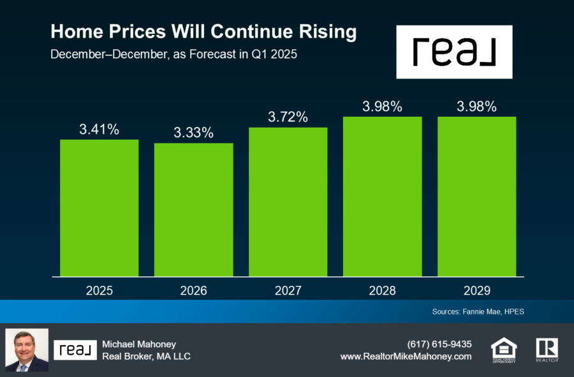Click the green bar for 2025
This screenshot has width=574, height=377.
click(x=99, y=208)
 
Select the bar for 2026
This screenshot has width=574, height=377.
click(x=193, y=210)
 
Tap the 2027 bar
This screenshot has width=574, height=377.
click(x=288, y=202)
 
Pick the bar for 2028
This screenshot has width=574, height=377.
click(x=382, y=196)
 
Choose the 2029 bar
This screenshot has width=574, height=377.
click(x=476, y=196)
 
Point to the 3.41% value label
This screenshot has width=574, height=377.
click(x=99, y=129)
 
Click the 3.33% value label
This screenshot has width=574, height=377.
click(x=193, y=133)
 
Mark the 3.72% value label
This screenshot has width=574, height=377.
click(x=288, y=117)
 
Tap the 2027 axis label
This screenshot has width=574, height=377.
click(x=288, y=291)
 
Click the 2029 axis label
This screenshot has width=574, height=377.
click(x=476, y=291)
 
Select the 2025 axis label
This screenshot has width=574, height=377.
click(x=99, y=291)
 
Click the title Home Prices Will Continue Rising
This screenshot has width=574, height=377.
click(x=203, y=32)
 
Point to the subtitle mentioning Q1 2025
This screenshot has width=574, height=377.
click(x=174, y=55)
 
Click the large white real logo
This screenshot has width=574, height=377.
click(x=454, y=52)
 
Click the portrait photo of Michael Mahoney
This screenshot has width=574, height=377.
click(x=27, y=350)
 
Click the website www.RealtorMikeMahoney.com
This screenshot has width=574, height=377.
click(x=406, y=357)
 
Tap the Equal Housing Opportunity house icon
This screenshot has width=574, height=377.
click(x=504, y=349)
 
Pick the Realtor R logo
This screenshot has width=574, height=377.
click(x=547, y=349)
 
